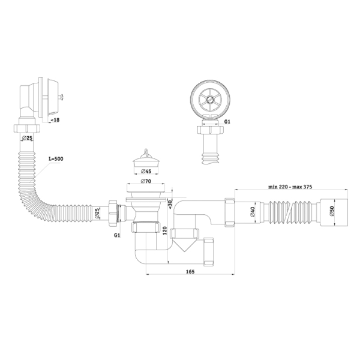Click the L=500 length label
tap(56, 158)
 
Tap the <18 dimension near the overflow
tap(55, 120)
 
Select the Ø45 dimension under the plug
tap(146, 171)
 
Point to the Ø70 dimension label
tap(146, 181)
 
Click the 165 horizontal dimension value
tap(190, 272)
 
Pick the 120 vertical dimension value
tap(164, 230)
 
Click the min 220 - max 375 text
tap(290, 187)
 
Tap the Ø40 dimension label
tap(253, 212)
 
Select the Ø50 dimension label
tap(332, 211)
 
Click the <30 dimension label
tap(170, 204)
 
